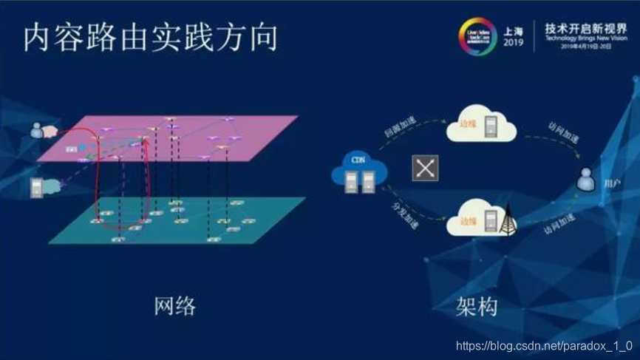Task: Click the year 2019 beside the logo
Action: point(513,44)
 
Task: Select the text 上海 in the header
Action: point(513,31)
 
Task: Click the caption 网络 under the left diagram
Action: point(175,305)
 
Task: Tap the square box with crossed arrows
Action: point(426,168)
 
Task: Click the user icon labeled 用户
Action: point(587,180)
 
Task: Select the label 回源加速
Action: point(399,131)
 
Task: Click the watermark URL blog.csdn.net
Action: point(544,346)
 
